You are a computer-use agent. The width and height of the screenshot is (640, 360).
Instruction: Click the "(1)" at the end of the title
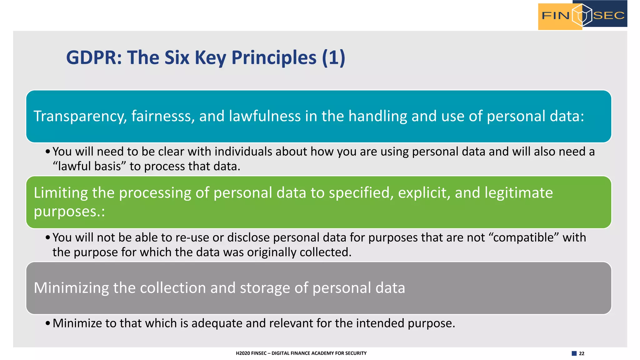coord(333,58)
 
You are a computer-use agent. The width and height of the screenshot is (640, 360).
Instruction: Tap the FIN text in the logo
coord(555,15)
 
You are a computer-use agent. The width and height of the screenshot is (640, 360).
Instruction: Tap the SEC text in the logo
coord(609,15)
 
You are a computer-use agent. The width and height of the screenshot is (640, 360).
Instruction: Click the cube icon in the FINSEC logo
coord(582,15)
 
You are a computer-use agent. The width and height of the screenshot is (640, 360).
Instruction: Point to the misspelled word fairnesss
coord(163,116)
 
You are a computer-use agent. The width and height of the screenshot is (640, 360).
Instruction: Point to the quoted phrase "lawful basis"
coord(89,166)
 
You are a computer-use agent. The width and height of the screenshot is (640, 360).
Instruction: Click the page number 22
coord(582,353)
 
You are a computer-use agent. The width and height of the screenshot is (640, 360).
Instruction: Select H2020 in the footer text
coord(243,353)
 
